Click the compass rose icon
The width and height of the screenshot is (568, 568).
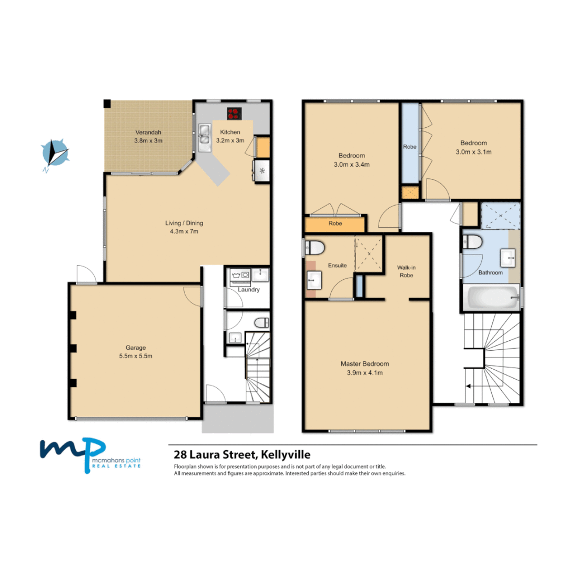coord(55,153)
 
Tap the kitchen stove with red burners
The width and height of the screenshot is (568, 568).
coord(234,113)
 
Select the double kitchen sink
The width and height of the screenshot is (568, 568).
coord(205,135)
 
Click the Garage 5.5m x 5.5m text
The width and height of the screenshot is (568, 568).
coord(135,351)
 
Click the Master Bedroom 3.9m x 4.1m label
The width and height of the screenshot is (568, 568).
coord(364,368)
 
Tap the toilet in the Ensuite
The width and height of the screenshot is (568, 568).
coord(315,247)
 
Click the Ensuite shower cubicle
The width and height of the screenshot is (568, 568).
coord(368,253)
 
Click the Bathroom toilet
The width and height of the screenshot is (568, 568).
coord(472,242)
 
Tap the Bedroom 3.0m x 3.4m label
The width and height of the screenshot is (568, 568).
coord(351,160)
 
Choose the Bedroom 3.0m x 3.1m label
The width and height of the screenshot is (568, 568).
coord(473,147)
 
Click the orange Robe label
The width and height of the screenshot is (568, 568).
coord(335,224)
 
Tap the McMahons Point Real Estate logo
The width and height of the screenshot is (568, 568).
coord(92,454)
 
